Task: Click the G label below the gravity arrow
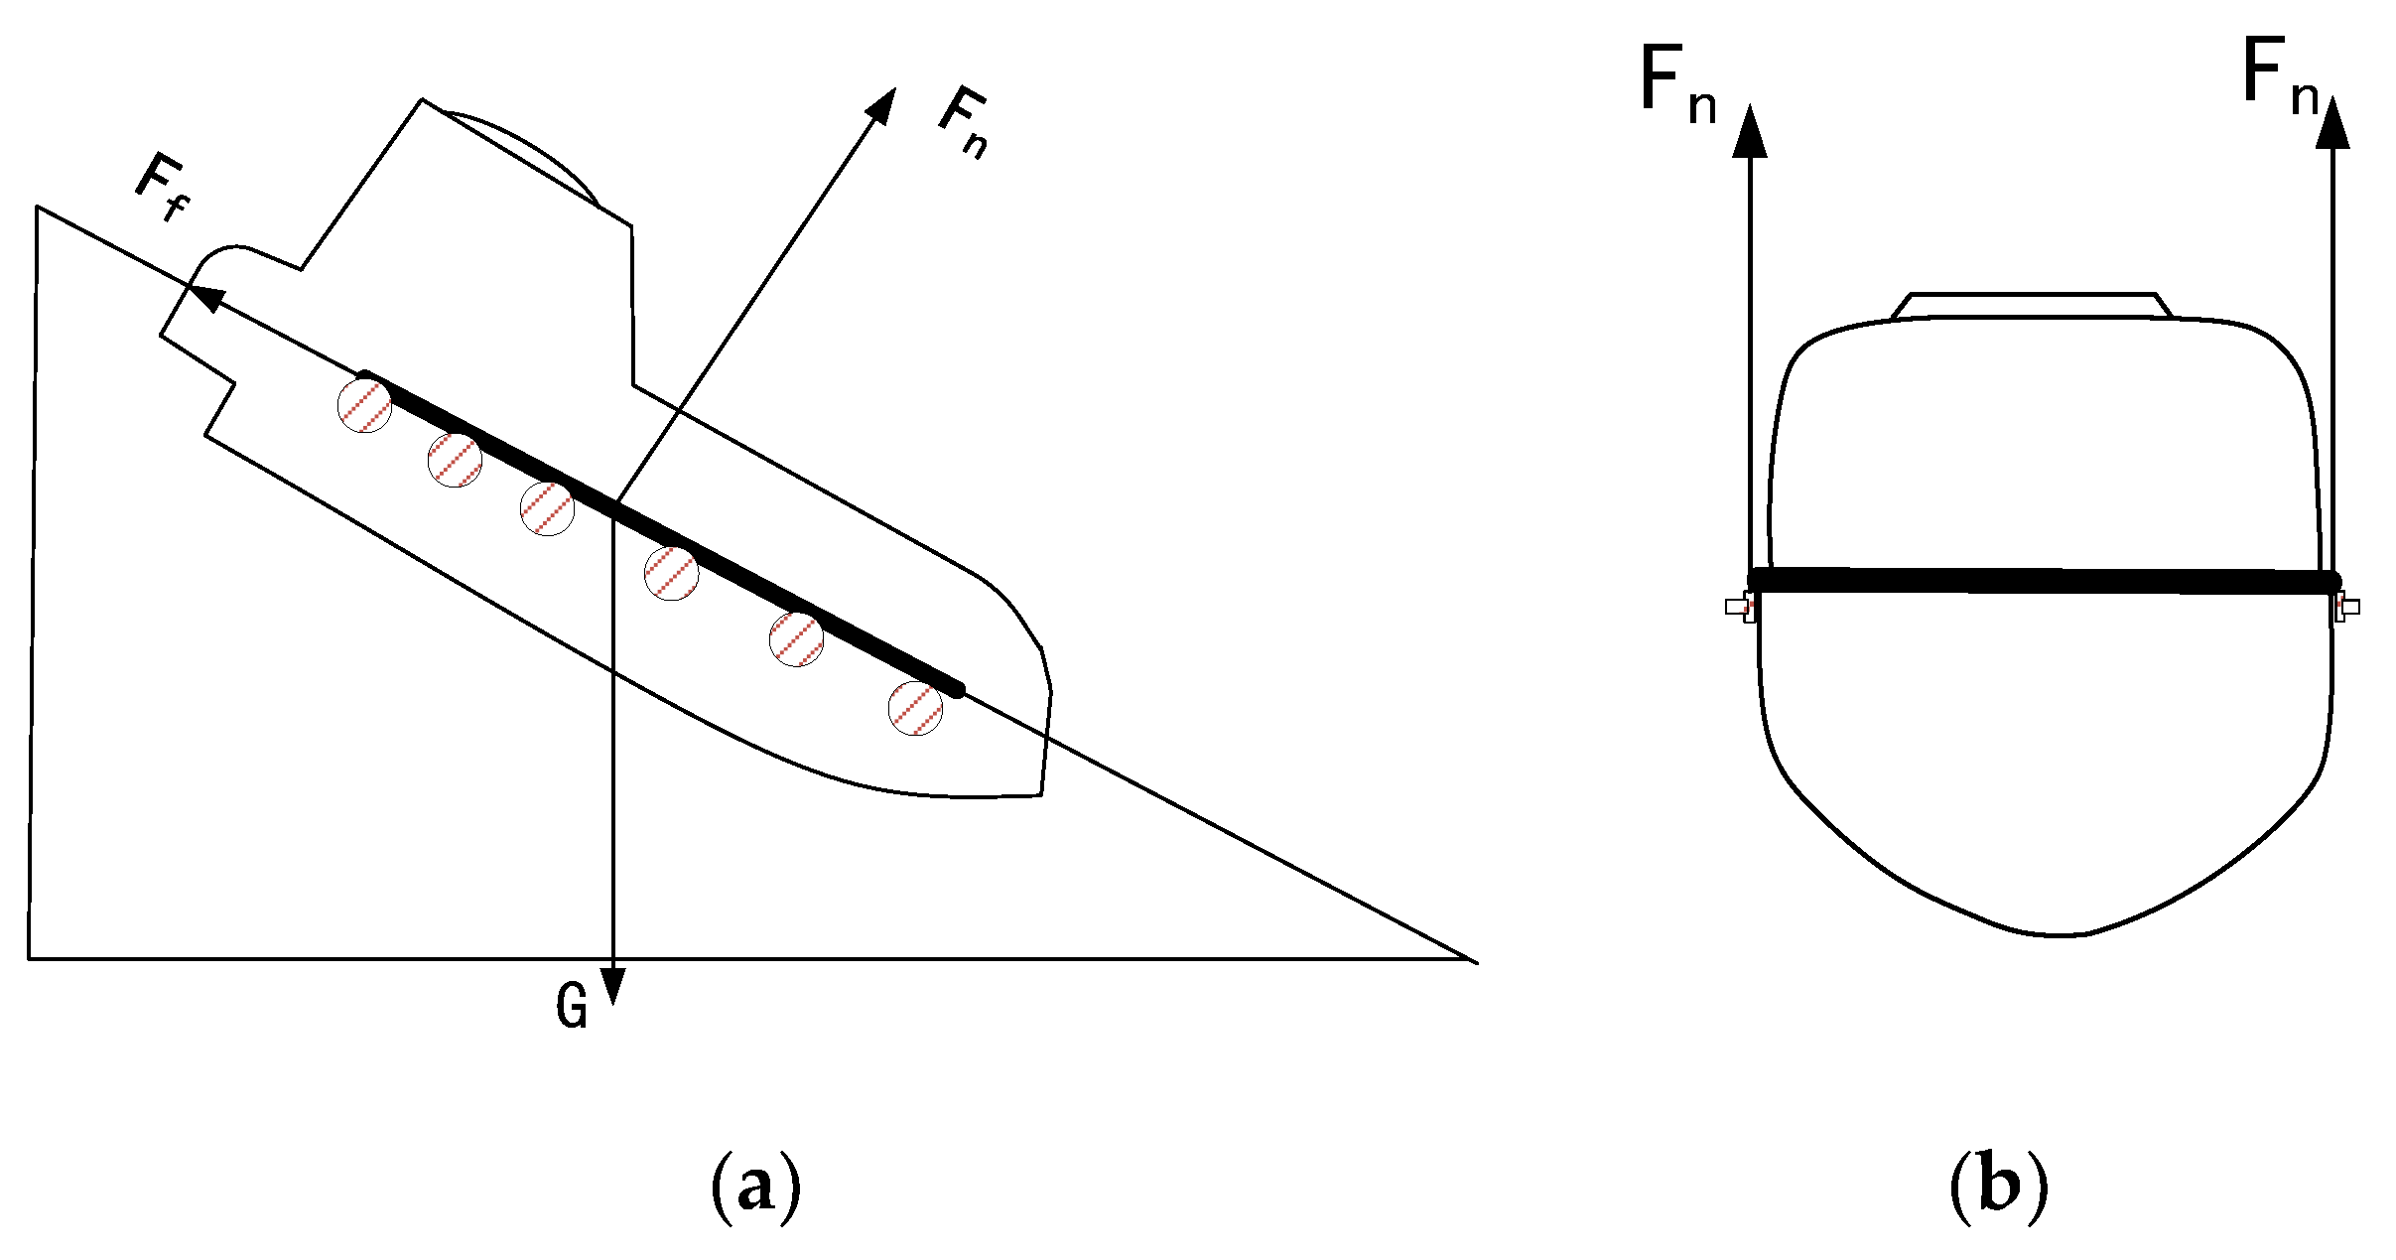[572, 1006]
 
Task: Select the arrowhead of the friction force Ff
[206, 296]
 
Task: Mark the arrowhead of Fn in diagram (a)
[880, 104]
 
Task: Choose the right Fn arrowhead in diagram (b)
[2332, 123]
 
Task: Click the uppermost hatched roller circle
[365, 405]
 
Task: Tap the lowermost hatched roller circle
[915, 708]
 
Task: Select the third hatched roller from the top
[547, 509]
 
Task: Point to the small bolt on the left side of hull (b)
[1740, 607]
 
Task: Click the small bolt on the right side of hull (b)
[2346, 607]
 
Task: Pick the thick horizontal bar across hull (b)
[2045, 581]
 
